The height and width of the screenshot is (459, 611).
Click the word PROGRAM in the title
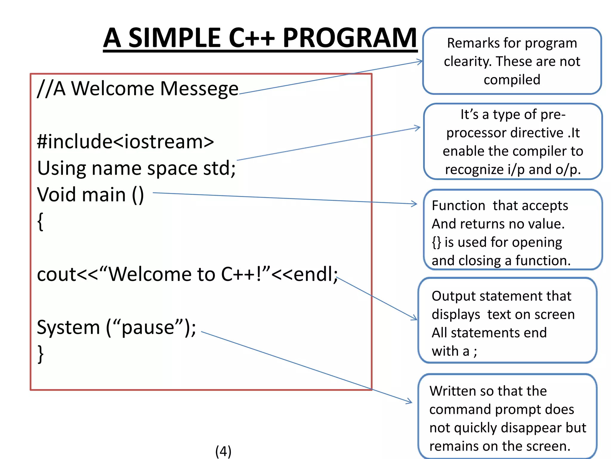pos(349,38)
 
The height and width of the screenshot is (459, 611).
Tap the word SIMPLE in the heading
pos(175,38)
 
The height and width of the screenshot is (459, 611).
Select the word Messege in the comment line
pos(199,89)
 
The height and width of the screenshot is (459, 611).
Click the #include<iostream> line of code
pos(125,141)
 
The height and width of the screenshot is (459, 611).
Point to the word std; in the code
pos(219,168)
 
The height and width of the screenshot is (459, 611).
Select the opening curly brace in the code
pos(40,221)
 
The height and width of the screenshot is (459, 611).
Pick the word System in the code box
pos(68,327)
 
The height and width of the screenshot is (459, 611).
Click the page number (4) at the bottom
pos(223,451)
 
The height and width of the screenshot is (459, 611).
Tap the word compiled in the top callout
pos(512,80)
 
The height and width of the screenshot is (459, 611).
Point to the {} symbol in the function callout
pos(436,242)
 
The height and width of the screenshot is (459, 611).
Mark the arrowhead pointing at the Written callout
pos(410,402)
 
